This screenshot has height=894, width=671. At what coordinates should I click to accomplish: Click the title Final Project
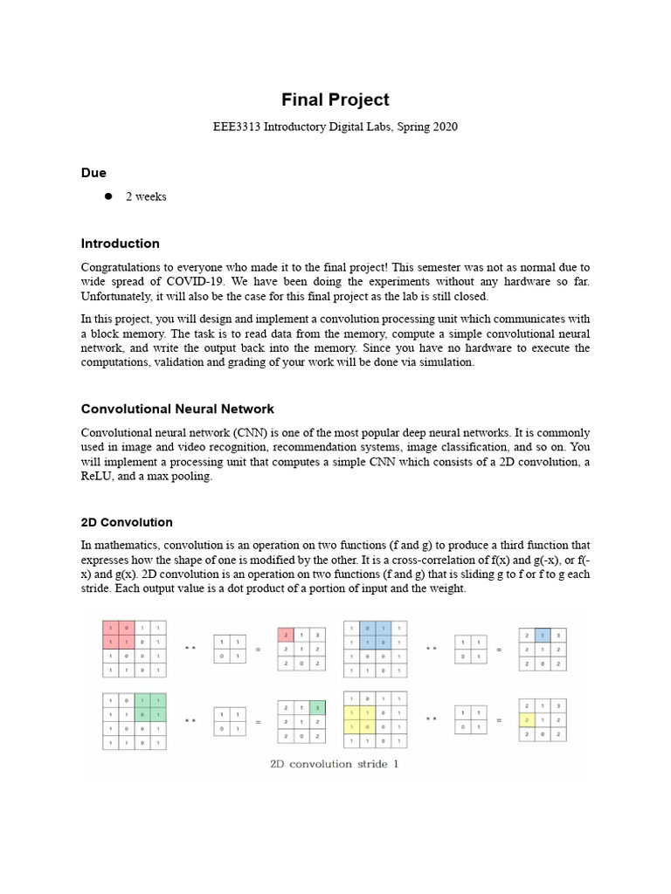click(335, 100)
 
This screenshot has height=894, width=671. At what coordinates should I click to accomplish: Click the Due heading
click(93, 173)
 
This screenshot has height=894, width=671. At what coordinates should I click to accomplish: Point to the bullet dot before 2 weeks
click(109, 196)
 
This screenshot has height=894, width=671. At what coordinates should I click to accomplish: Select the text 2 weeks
click(146, 196)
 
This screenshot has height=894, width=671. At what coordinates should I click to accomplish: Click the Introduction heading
click(121, 243)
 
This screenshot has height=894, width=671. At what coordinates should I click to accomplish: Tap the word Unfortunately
click(118, 296)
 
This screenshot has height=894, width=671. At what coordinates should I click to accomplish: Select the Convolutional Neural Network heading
click(177, 409)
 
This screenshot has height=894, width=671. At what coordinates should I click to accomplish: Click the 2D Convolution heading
click(127, 522)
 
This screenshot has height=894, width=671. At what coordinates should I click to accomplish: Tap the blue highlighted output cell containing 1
click(542, 635)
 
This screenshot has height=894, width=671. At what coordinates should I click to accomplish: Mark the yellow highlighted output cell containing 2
click(526, 719)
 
